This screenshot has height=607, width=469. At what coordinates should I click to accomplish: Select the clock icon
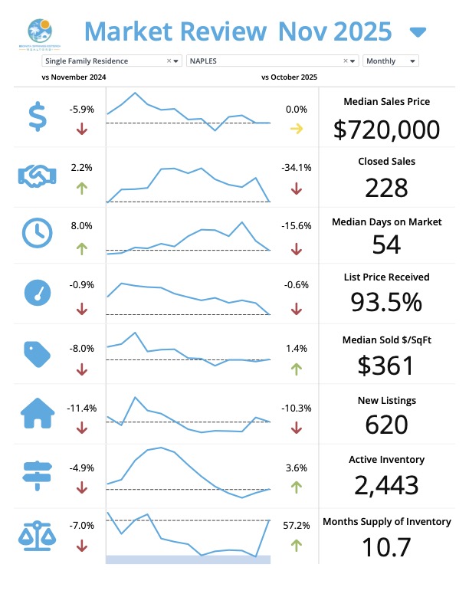[37, 233]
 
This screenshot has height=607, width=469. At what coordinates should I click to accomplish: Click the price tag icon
[36, 352]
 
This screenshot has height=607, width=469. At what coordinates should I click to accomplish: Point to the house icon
[37, 415]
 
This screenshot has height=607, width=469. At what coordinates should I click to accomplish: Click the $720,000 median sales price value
[386, 129]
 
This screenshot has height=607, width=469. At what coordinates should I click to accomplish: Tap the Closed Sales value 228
[386, 188]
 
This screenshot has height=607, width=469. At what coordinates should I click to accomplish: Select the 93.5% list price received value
[386, 303]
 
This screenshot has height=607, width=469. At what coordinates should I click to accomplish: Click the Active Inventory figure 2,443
[386, 484]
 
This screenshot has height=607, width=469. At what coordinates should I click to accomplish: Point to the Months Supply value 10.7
[386, 547]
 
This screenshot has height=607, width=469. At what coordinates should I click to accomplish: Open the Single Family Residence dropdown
[112, 61]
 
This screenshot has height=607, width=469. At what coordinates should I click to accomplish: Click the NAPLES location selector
[272, 61]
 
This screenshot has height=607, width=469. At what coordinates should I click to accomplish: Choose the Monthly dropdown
[391, 61]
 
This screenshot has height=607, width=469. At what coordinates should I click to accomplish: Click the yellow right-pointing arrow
[296, 129]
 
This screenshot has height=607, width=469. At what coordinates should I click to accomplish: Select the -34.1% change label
[296, 167]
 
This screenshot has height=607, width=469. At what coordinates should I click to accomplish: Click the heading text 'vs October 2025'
[289, 77]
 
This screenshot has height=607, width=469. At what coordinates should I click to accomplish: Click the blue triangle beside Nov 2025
[418, 32]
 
